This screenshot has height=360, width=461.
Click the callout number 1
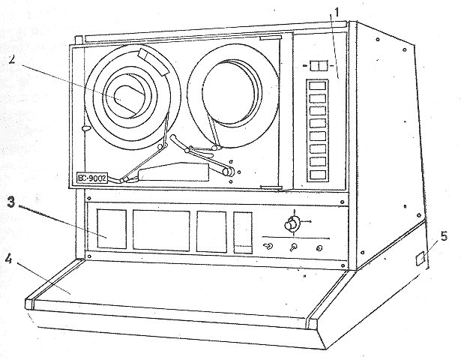pos(338,13)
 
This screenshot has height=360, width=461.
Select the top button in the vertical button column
pos(319,85)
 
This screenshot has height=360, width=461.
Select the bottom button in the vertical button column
pos(319,175)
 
